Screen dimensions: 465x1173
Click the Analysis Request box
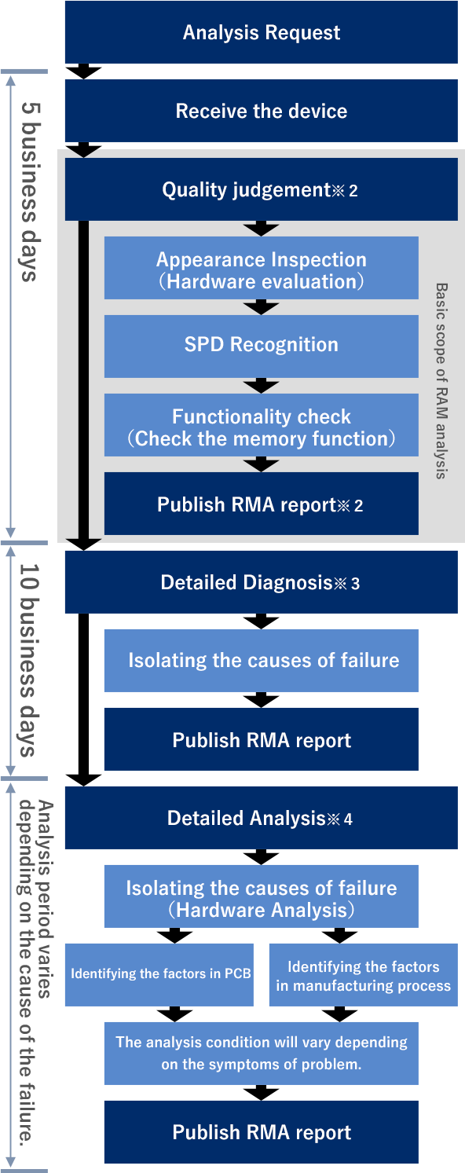262,32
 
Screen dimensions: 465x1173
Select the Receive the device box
262,111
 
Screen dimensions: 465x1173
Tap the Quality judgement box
262,189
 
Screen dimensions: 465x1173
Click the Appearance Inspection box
262,268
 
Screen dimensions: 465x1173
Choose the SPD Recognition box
262,346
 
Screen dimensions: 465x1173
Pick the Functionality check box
262,425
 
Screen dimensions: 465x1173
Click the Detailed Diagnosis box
262,582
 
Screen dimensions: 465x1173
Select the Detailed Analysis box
262,817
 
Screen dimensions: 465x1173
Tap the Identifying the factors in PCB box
159,974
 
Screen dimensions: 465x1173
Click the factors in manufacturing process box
364,974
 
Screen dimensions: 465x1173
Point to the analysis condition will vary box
262,1053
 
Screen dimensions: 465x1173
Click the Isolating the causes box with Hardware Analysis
262,896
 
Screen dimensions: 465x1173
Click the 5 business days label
29,192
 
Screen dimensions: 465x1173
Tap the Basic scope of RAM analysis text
441,381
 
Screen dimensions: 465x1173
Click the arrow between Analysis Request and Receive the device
83,71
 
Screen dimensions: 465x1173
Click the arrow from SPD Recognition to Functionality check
261,386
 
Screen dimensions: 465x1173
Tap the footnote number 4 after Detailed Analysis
348,819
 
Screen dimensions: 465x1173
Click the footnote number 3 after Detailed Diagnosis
355,584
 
